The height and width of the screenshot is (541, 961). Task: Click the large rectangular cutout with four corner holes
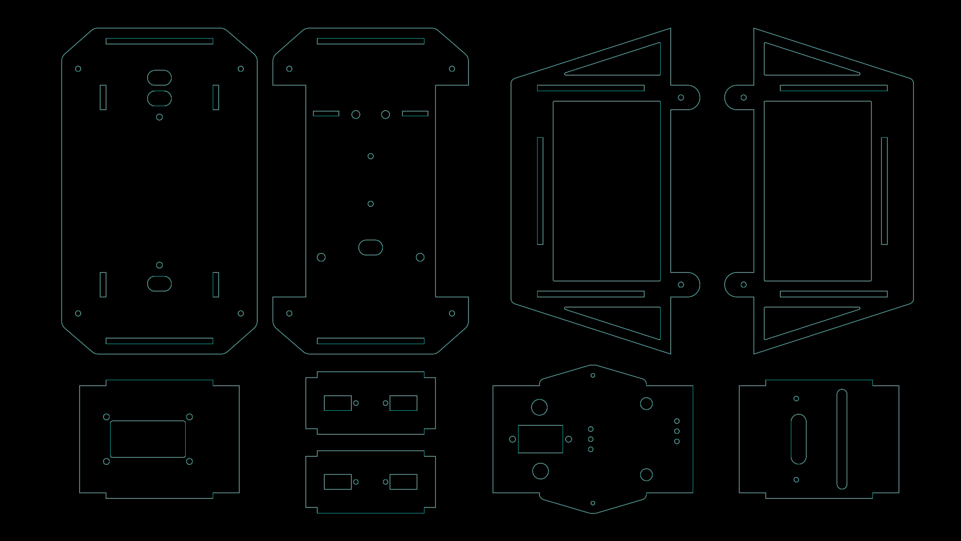click(x=148, y=439)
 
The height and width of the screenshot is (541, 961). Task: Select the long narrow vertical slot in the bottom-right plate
click(x=842, y=439)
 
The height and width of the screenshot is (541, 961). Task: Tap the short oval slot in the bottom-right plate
click(x=798, y=439)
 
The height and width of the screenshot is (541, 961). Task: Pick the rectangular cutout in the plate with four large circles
click(x=540, y=439)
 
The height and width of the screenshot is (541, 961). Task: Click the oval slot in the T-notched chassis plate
click(x=370, y=247)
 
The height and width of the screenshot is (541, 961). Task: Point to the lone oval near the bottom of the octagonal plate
click(x=159, y=284)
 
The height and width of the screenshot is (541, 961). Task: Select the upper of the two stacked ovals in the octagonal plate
click(x=159, y=78)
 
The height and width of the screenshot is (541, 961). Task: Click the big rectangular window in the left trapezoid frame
click(x=606, y=191)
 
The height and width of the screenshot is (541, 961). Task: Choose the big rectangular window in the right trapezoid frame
click(x=817, y=191)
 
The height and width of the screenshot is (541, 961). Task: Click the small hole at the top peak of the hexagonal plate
click(x=593, y=375)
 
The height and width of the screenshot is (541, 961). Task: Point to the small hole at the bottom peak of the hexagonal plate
click(x=593, y=503)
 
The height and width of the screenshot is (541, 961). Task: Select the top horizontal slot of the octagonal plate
click(x=159, y=41)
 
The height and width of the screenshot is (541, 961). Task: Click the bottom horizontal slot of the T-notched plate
click(x=370, y=341)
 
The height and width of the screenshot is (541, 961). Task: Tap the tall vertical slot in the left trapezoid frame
click(x=540, y=191)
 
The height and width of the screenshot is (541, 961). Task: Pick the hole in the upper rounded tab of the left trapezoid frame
click(x=681, y=98)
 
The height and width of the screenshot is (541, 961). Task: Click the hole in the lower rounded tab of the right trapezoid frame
click(x=744, y=285)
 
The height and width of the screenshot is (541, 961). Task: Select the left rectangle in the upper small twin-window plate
click(x=337, y=403)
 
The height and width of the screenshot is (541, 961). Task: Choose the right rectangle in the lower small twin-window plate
click(x=403, y=482)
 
